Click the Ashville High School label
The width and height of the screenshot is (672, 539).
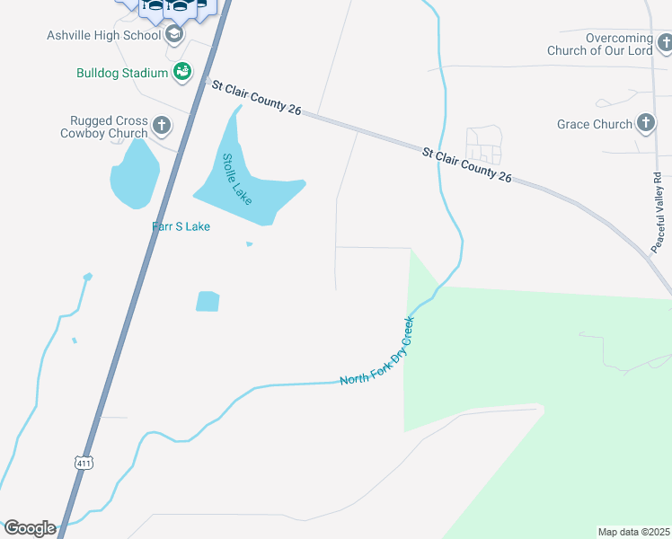(x=103, y=35)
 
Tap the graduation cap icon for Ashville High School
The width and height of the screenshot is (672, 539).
(x=174, y=35)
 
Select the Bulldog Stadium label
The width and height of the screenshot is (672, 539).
(x=122, y=73)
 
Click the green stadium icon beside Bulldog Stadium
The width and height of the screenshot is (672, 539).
(x=182, y=72)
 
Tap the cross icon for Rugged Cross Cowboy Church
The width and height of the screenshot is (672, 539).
(x=162, y=126)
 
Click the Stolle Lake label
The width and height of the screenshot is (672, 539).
(x=236, y=176)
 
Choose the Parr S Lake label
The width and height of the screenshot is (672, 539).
(x=181, y=226)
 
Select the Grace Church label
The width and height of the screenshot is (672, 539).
(x=595, y=124)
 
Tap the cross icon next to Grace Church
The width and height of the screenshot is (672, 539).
(x=645, y=123)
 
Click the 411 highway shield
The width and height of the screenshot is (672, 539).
(x=84, y=462)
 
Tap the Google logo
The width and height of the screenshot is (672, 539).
(x=30, y=528)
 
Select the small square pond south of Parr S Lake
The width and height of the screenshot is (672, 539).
(x=208, y=301)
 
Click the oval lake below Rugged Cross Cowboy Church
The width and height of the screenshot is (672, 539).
(x=134, y=173)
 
